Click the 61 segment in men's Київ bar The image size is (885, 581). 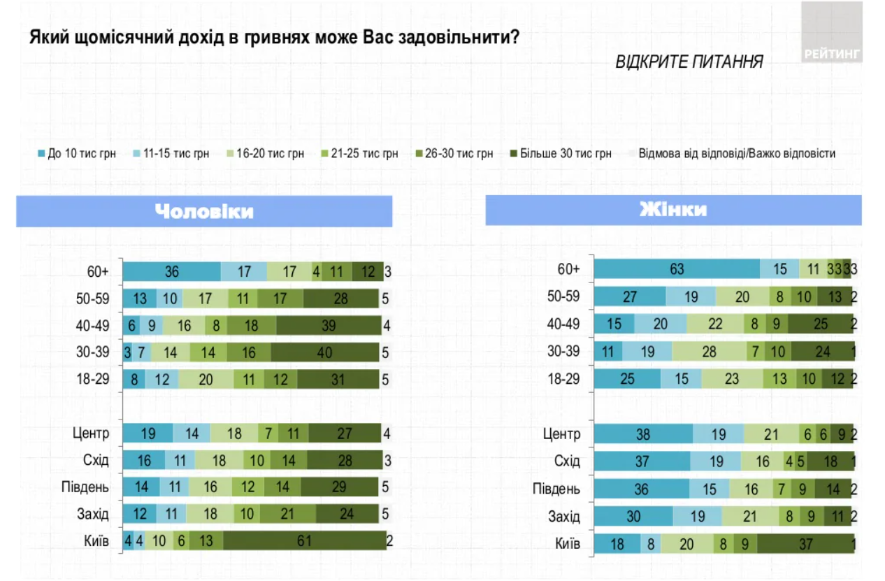coord(304,540)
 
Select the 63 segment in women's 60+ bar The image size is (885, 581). coord(677,269)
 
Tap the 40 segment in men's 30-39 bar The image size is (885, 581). coord(325,352)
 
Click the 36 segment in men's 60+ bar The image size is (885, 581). coord(172,271)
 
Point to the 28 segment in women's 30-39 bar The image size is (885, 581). coord(709,352)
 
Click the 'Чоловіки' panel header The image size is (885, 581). coord(204,212)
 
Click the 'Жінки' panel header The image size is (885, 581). coord(672,210)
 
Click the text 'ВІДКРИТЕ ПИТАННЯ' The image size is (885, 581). coord(689,62)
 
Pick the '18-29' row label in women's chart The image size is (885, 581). coord(563,378)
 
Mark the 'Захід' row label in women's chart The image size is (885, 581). coord(566,517)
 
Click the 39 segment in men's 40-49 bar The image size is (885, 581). coord(329,324)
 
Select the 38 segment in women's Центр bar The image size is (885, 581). coord(643,434)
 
